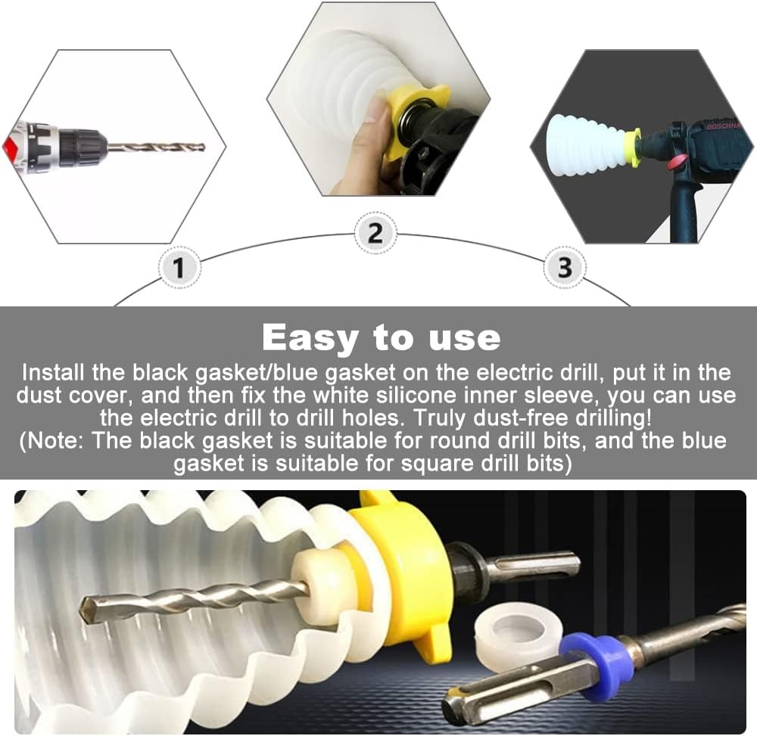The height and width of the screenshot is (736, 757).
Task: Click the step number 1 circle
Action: tap(179, 268)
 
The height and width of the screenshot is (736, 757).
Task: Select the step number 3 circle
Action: tap(565, 268)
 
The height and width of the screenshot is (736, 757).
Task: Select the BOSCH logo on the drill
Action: tap(722, 126)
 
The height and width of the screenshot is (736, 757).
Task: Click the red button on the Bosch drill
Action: tap(676, 163)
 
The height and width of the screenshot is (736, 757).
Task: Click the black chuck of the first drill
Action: tap(81, 146)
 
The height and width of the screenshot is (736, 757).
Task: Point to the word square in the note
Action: tap(438, 464)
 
